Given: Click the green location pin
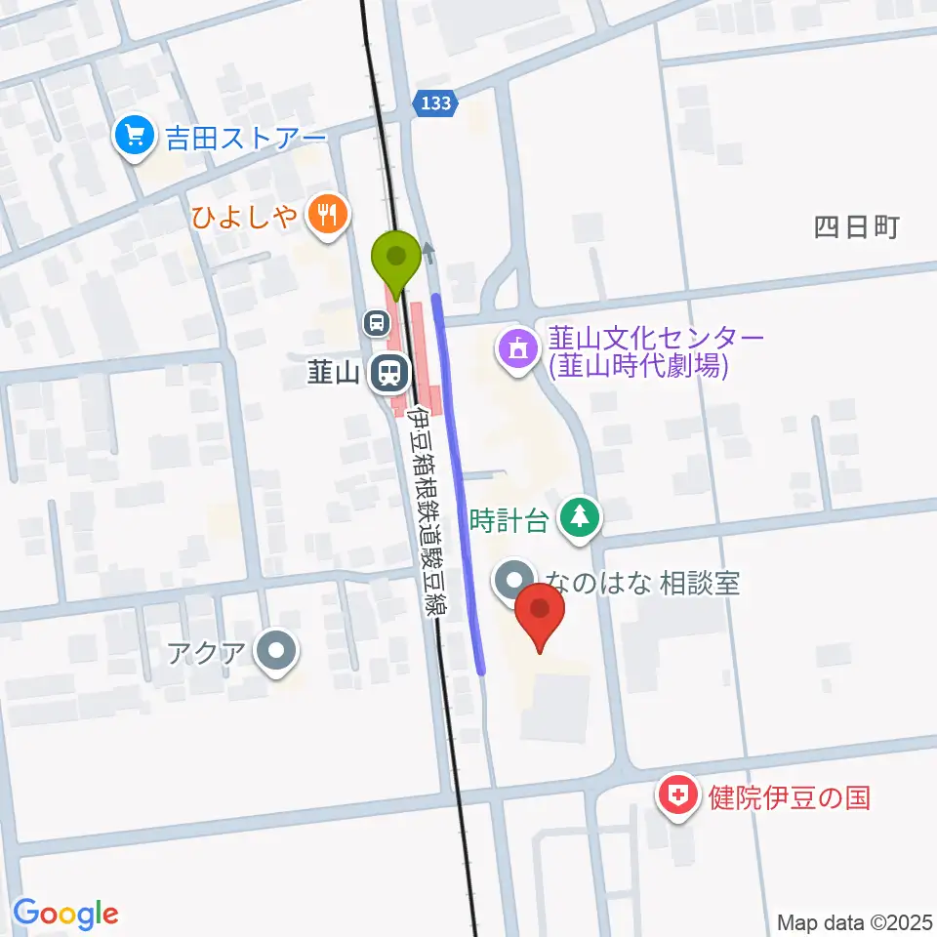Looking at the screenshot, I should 396,260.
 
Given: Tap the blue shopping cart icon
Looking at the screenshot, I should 134,135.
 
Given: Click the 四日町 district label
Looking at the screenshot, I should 856,228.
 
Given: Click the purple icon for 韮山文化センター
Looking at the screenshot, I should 517,351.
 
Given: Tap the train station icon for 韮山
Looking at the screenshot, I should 388,371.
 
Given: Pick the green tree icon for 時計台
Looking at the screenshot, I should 581,518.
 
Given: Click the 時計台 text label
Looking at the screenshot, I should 509,519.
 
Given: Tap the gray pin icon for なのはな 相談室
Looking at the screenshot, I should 514,582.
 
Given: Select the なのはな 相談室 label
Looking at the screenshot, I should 642,584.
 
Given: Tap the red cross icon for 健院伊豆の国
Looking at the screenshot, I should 678,797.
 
